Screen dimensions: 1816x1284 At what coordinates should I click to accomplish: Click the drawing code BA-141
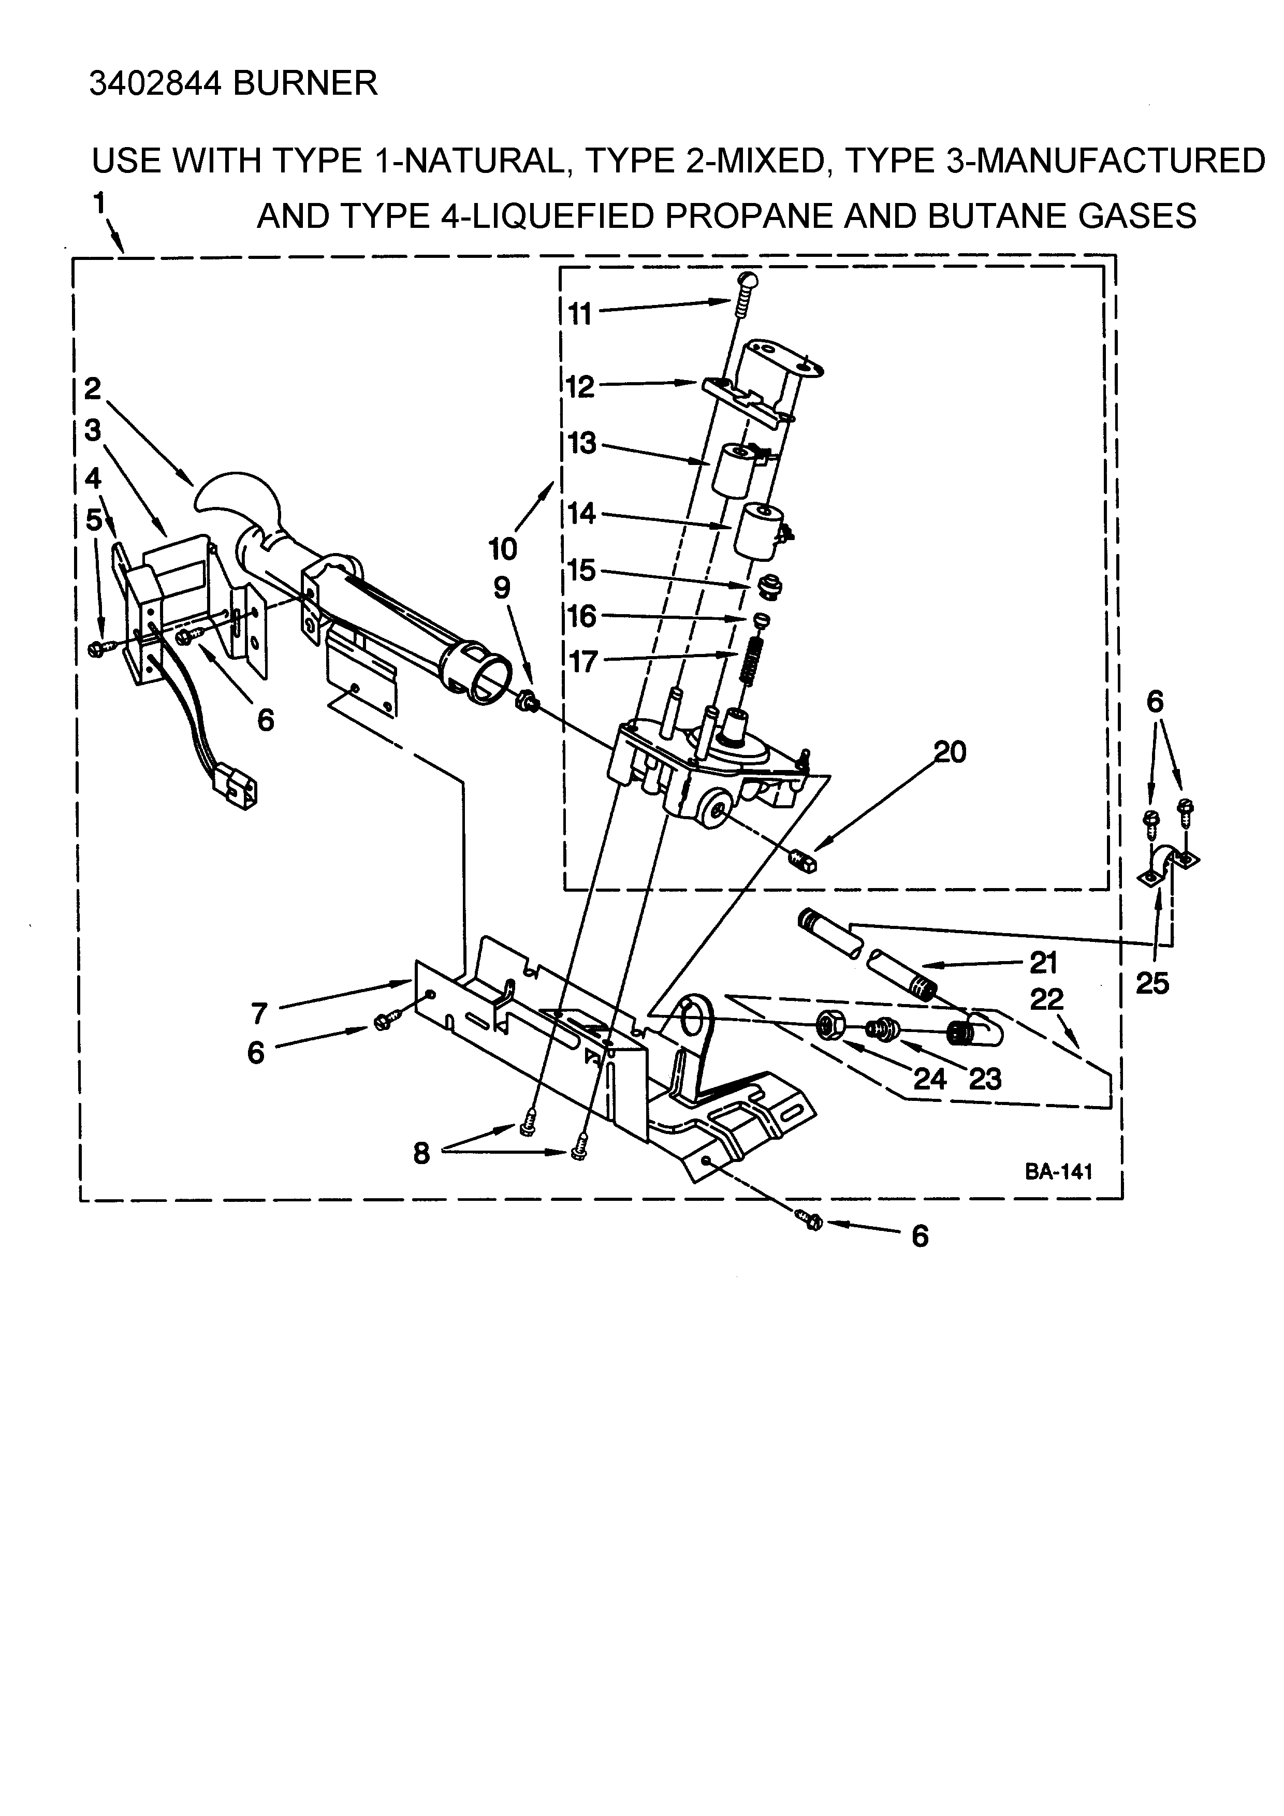[x=1059, y=1172]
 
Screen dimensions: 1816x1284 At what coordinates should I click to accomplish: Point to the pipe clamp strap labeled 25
[x=1170, y=864]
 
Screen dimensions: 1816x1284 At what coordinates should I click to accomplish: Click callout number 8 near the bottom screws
[x=421, y=1154]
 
